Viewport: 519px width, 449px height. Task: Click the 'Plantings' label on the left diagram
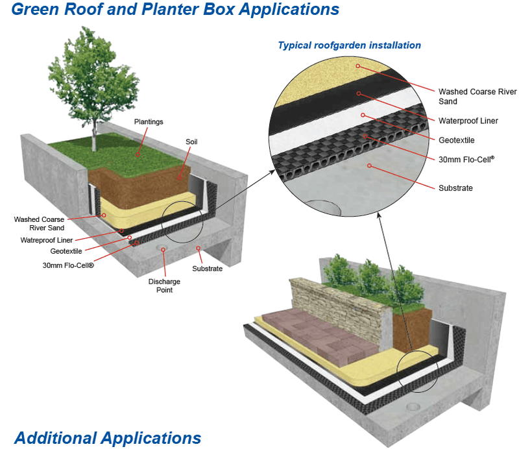(x=149, y=121)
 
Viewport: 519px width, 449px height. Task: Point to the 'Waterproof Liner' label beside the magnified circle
(x=468, y=121)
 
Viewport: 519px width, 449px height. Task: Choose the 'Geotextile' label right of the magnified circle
(x=457, y=140)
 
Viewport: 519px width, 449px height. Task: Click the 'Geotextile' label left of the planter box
(x=66, y=251)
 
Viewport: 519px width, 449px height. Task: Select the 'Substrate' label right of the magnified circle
(x=455, y=188)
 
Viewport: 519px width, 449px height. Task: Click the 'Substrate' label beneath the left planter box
(x=207, y=268)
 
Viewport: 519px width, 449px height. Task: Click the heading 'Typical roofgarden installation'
(x=349, y=45)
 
